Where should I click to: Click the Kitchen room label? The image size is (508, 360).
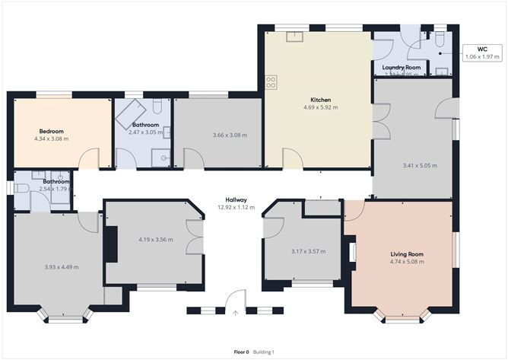[319, 100]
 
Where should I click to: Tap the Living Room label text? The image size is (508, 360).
[407, 254]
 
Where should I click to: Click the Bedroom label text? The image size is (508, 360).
[51, 131]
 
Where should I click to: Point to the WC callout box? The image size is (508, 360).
[481, 53]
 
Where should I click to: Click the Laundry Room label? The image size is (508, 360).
[401, 68]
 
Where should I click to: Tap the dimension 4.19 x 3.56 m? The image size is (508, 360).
[155, 240]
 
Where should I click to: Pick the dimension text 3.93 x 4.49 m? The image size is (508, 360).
[62, 266]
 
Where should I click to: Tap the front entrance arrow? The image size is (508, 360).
[236, 312]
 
